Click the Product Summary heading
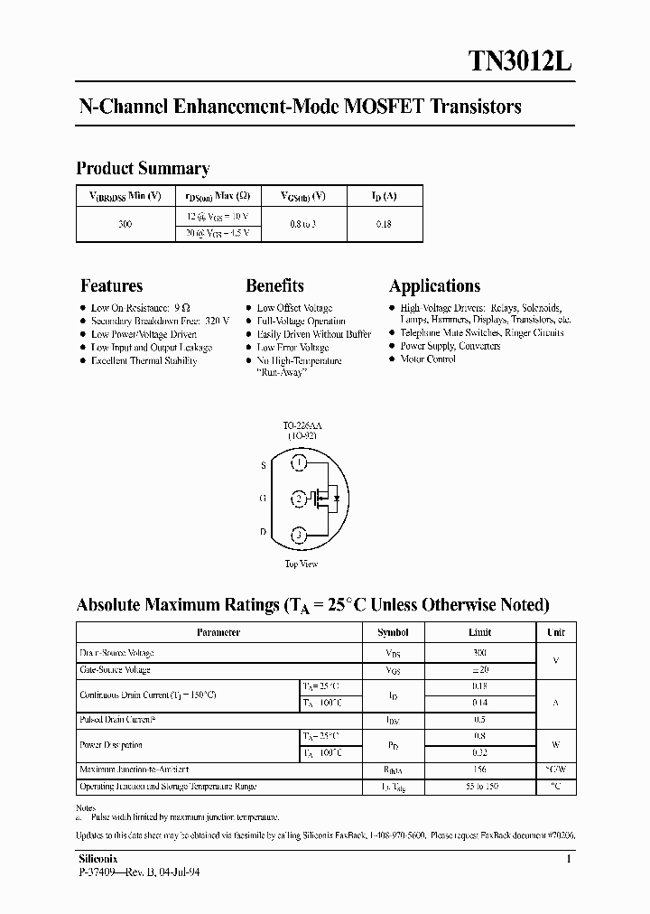(143, 168)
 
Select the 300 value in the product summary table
(125, 224)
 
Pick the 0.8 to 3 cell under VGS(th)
(302, 224)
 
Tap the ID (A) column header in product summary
(384, 196)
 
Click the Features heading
(111, 286)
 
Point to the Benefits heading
(274, 286)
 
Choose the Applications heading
(434, 286)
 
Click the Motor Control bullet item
(428, 359)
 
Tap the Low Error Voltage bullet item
(292, 347)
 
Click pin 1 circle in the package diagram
(299, 463)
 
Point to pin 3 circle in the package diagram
(299, 535)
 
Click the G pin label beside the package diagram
(263, 498)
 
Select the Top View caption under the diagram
(301, 564)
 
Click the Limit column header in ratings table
(479, 633)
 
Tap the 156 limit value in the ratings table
(479, 769)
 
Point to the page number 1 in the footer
(568, 859)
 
